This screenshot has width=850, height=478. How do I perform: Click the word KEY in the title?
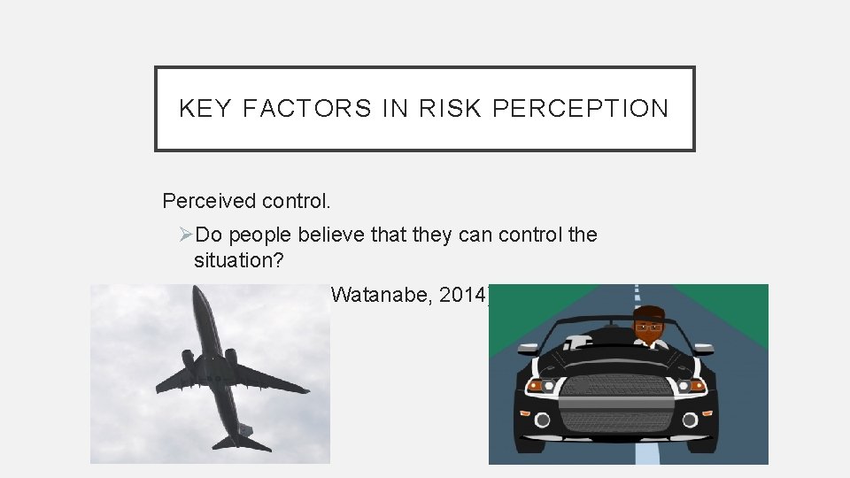(x=205, y=109)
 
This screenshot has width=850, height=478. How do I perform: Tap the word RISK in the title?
(x=451, y=109)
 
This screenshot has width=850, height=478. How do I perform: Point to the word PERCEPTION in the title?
(x=580, y=109)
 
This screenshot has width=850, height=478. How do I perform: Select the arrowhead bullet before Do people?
(x=186, y=235)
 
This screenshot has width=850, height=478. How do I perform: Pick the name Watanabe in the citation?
(x=374, y=296)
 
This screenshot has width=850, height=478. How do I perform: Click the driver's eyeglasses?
(x=650, y=325)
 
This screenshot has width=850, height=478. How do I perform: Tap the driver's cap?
(x=651, y=311)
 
